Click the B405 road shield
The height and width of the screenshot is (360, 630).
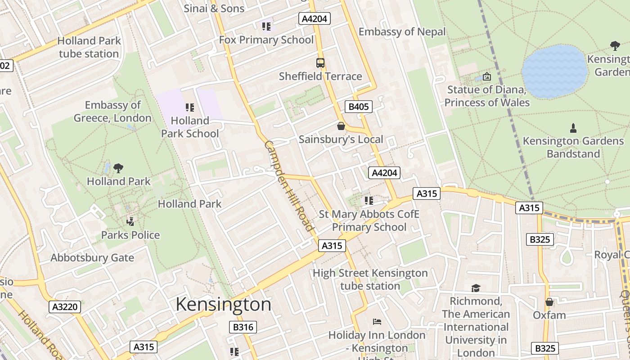click(x=359, y=107)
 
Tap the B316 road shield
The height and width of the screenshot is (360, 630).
click(x=243, y=327)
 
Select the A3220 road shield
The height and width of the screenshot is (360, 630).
click(x=65, y=307)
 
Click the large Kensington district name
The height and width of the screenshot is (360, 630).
click(x=223, y=305)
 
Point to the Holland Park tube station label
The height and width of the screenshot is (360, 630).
click(x=89, y=47)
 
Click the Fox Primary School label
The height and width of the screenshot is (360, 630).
click(x=266, y=40)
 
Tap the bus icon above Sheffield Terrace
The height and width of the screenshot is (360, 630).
click(x=320, y=63)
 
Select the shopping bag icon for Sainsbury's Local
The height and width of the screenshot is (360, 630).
click(x=341, y=126)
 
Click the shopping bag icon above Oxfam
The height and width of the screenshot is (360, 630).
click(x=549, y=302)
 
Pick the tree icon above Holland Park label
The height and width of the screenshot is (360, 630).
click(x=118, y=168)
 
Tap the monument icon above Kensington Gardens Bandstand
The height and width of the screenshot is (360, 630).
click(x=573, y=128)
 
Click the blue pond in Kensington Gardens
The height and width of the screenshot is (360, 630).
click(x=555, y=71)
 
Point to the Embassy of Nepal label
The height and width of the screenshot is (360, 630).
click(x=402, y=31)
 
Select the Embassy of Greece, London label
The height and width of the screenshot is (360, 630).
click(x=112, y=112)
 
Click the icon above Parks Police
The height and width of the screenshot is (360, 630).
click(x=130, y=221)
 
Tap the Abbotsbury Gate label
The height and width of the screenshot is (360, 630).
click(x=92, y=258)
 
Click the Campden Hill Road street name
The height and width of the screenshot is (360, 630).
click(x=288, y=185)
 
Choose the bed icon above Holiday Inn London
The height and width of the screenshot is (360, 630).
click(x=377, y=322)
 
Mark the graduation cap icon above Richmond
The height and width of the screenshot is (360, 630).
click(x=476, y=288)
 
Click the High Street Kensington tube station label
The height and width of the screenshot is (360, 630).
click(x=370, y=279)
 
